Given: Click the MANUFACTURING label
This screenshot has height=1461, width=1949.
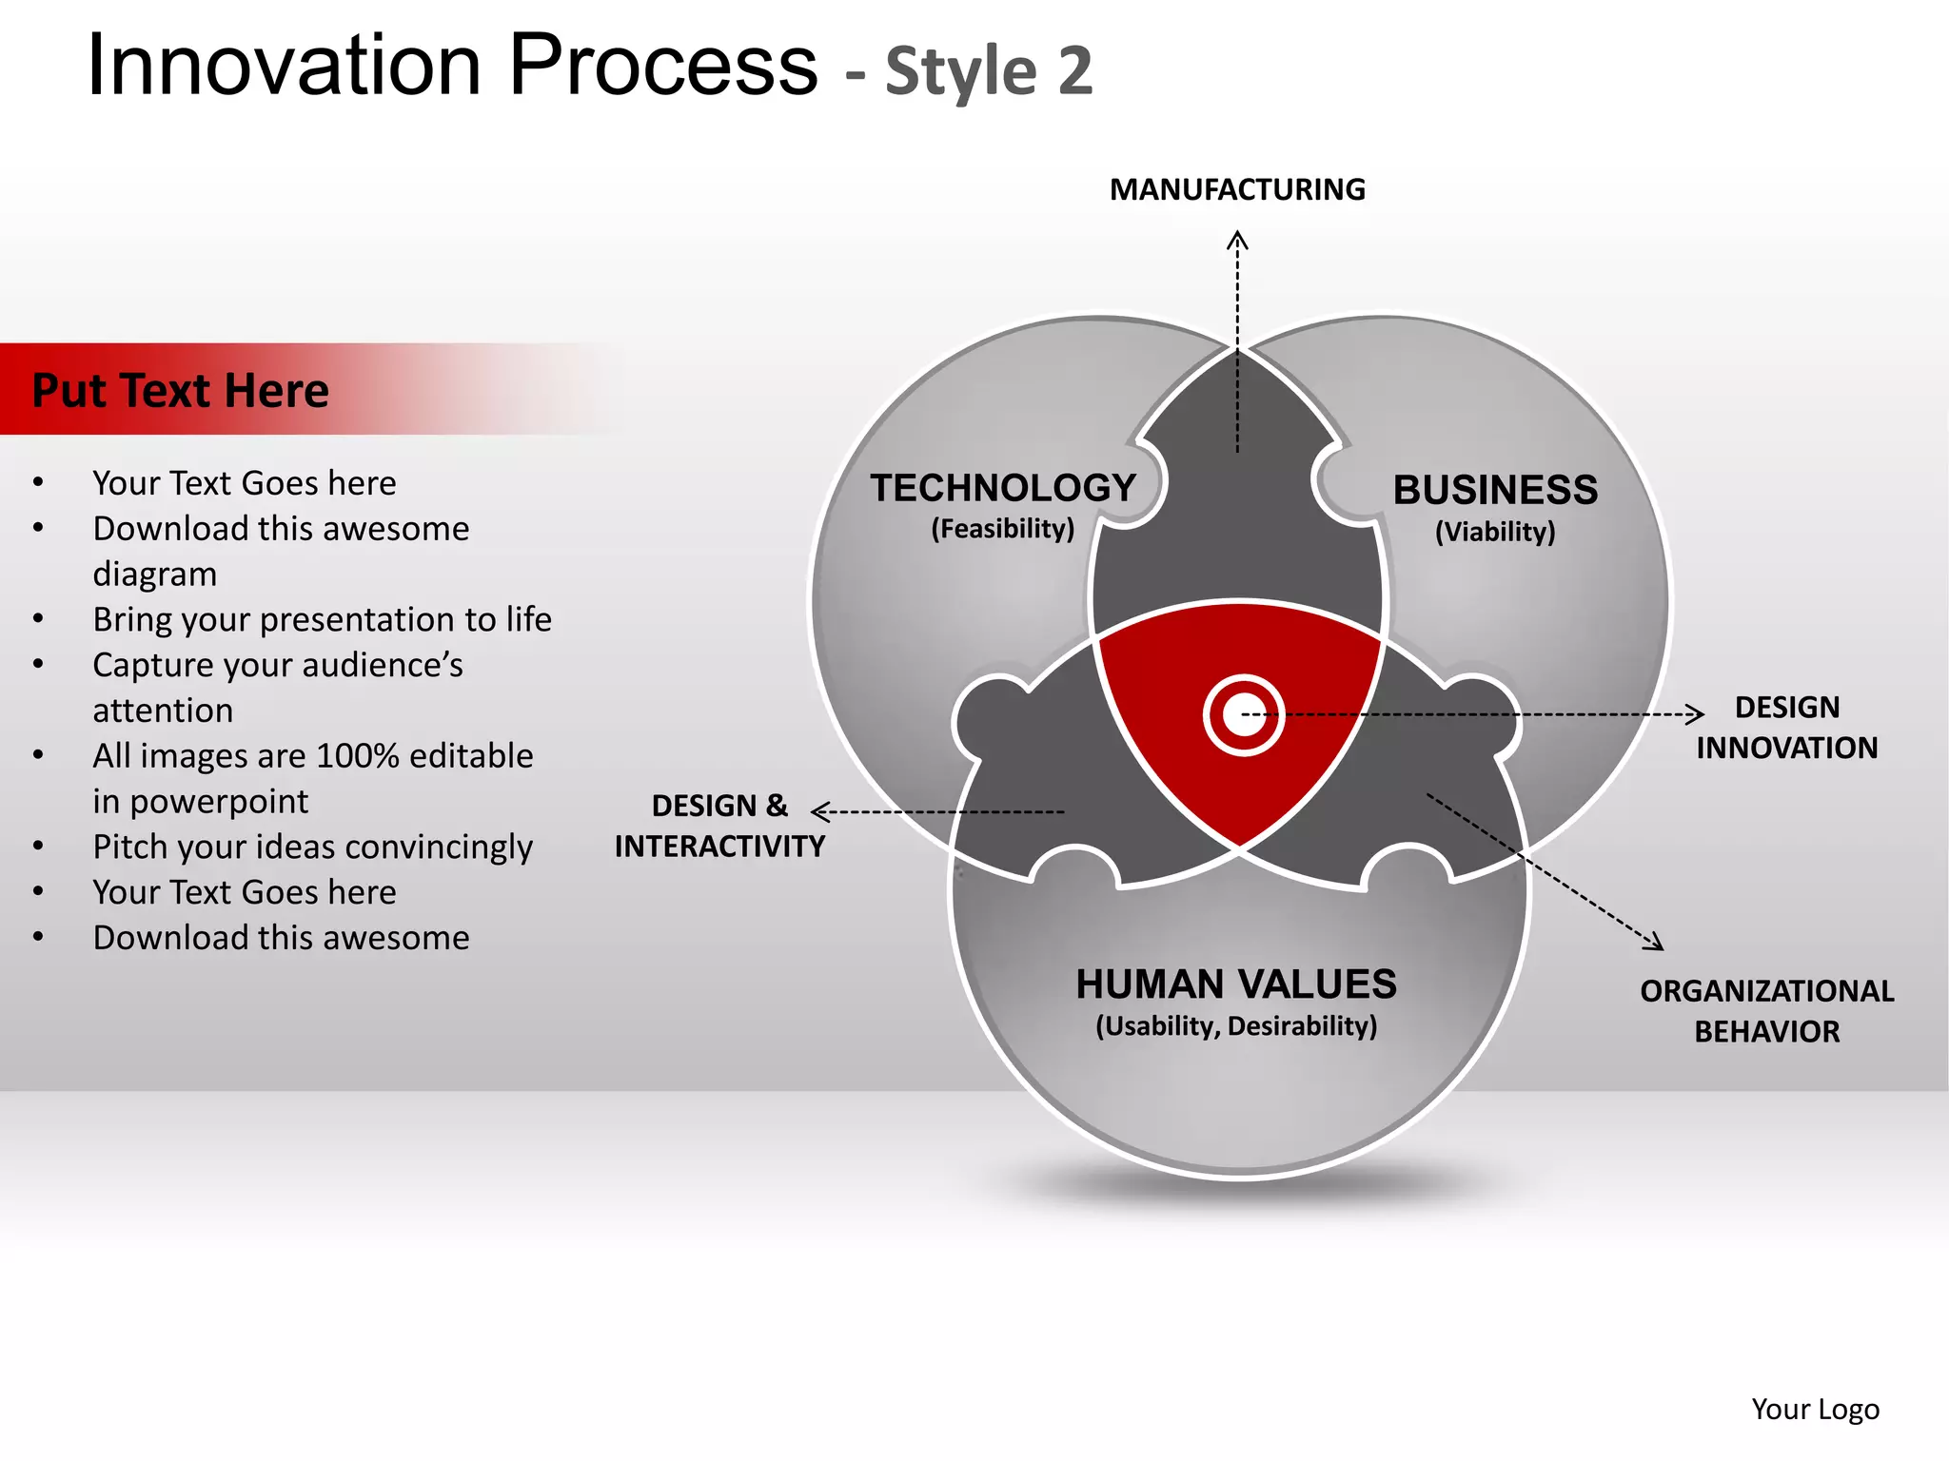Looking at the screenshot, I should click(x=1237, y=189).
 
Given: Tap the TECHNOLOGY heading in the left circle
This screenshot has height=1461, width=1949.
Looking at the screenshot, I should click(x=1003, y=488).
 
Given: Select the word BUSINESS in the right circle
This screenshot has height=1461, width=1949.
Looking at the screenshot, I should click(x=1495, y=490).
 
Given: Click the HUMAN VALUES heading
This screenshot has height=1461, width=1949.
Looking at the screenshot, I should click(x=1236, y=984).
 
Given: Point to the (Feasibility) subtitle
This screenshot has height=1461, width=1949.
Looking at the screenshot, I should click(x=1002, y=529).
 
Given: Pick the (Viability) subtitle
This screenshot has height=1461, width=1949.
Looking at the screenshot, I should click(x=1495, y=532).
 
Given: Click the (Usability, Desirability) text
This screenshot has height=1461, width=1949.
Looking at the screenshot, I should click(x=1236, y=1026).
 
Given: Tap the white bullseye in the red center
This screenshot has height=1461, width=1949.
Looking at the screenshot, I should click(x=1244, y=715).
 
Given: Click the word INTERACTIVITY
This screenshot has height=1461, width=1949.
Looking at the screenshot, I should click(x=719, y=847).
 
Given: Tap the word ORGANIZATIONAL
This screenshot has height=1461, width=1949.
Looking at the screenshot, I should click(x=1766, y=991).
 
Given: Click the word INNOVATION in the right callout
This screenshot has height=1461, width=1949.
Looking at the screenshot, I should click(x=1786, y=749).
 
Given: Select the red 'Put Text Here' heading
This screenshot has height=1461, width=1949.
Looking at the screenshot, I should click(x=181, y=391).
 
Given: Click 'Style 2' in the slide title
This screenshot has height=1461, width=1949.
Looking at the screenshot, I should click(x=989, y=71).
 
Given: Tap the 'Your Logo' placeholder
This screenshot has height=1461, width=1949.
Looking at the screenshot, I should click(x=1815, y=1409).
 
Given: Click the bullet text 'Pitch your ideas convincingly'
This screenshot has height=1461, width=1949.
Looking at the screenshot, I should click(x=312, y=847).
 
